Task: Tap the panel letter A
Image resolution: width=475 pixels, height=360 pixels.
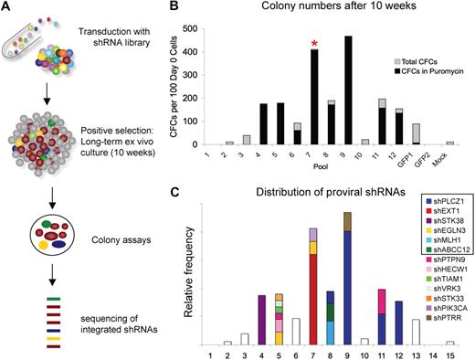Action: click(7, 10)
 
